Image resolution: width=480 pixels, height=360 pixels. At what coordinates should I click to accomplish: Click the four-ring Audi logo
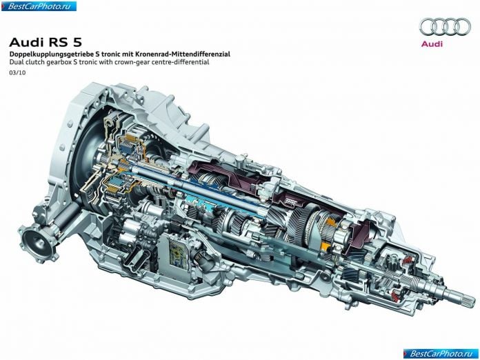click(445, 26)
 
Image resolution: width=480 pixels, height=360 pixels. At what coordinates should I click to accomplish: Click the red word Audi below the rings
click(432, 43)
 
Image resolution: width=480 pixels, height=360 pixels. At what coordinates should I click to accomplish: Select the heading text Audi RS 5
click(46, 42)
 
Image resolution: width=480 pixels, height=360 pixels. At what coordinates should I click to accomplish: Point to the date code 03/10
click(17, 73)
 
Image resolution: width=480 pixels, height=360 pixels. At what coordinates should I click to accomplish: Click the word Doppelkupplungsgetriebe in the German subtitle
click(51, 54)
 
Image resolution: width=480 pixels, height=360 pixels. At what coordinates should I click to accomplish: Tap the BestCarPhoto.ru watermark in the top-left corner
click(39, 6)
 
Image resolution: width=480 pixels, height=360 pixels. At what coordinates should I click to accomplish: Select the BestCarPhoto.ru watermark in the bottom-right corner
click(441, 354)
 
